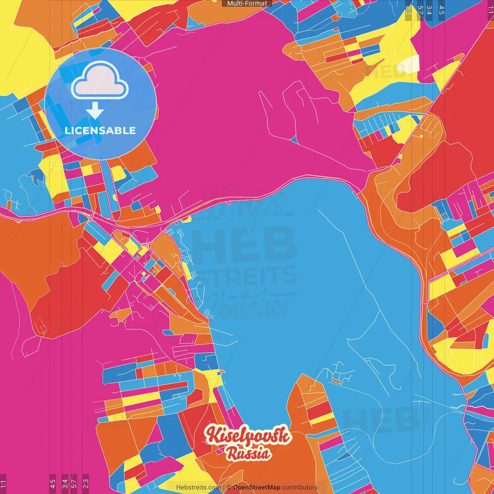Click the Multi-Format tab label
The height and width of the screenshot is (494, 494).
(x=247, y=3)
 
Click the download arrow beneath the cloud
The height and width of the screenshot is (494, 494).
(x=95, y=111)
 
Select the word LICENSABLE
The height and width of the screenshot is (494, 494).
(x=100, y=130)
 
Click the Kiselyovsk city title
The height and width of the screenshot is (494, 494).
(x=248, y=435)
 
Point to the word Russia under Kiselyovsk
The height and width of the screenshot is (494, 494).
(x=248, y=453)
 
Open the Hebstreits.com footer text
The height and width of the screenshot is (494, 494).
(x=198, y=487)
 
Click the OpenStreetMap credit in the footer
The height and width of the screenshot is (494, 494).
(x=257, y=487)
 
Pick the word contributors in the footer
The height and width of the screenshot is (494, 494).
(x=300, y=487)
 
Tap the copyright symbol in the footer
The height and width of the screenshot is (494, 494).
(x=228, y=487)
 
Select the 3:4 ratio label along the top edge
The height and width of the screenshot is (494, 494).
(x=429, y=10)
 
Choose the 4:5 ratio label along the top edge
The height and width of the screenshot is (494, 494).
(x=442, y=10)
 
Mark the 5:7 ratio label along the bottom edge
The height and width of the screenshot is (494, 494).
(x=74, y=484)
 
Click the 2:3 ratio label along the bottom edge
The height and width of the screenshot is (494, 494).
(x=86, y=484)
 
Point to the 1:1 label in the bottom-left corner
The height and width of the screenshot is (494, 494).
(x=3, y=484)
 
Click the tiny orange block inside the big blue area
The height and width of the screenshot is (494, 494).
(x=335, y=381)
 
